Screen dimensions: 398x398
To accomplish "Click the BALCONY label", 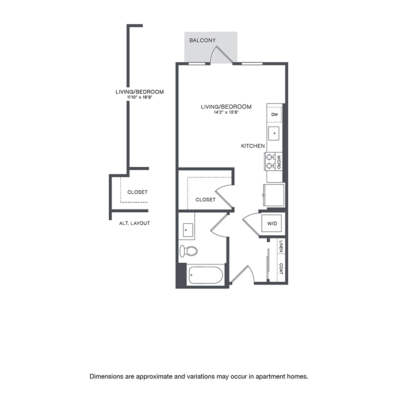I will pos(203,40).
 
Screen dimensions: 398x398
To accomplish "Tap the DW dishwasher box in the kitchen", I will pos(274,115).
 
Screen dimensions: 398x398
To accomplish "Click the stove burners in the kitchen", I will pos(270,161).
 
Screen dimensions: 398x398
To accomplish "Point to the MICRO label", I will pos(279,161).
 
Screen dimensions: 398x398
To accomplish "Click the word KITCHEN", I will pos(253,146).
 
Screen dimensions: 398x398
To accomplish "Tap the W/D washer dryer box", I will pos(272,224).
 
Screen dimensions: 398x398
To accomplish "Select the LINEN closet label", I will pos(281,246).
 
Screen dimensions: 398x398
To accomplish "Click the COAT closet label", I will pos(281,268).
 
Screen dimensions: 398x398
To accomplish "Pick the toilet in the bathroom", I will pos(189,251).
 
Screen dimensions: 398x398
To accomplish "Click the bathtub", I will pos(206,276).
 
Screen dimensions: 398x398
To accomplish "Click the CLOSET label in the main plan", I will pos(206,199).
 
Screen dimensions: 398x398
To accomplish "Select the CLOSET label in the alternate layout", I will pos(137,192).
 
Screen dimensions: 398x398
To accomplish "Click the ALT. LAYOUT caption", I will pos(134,223).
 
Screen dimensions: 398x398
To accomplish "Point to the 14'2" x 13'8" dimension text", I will pos(226,113).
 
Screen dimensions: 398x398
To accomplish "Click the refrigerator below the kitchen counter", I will pos(273,195).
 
